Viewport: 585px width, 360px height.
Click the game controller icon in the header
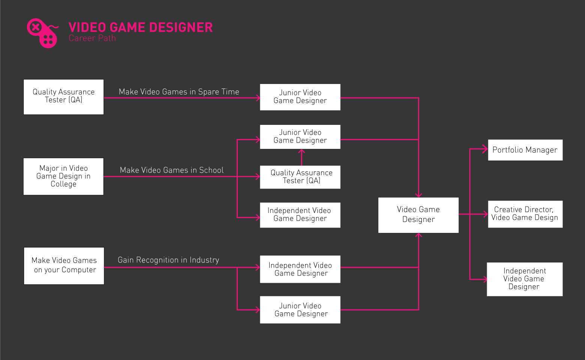[42, 33]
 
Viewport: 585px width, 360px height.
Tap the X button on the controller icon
[35, 27]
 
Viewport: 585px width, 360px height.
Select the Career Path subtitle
[92, 38]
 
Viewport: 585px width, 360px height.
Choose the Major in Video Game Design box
[63, 176]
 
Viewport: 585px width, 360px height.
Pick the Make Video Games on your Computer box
[64, 265]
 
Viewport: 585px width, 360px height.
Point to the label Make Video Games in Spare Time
[179, 92]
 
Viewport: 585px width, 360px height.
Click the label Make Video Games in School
[172, 170]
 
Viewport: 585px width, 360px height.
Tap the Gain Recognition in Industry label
[168, 260]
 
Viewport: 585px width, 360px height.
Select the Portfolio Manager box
[525, 150]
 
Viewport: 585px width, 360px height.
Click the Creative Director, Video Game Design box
[525, 214]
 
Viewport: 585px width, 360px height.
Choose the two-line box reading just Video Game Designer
[418, 215]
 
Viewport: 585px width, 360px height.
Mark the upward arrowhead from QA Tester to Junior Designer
[301, 151]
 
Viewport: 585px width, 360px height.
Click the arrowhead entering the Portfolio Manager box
[485, 149]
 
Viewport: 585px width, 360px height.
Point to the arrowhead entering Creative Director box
[485, 214]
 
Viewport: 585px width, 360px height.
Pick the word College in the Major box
[63, 184]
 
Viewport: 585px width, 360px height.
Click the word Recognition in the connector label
[157, 260]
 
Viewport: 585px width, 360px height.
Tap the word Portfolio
[507, 150]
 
